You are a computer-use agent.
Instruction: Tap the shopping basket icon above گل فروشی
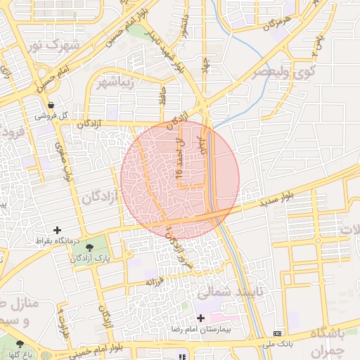[x=51, y=105]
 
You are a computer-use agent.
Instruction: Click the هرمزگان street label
[x=277, y=24]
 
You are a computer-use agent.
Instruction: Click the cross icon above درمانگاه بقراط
[x=58, y=230]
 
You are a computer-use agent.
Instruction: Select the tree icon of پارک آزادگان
[x=90, y=247]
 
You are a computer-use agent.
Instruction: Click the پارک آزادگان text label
[x=89, y=259]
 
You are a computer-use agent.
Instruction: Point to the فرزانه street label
[x=154, y=281]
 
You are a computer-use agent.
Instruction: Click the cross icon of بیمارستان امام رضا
[x=200, y=318]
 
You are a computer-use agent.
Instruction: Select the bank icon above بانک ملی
[x=276, y=333]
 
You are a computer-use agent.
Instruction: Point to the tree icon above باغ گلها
[x=20, y=344]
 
